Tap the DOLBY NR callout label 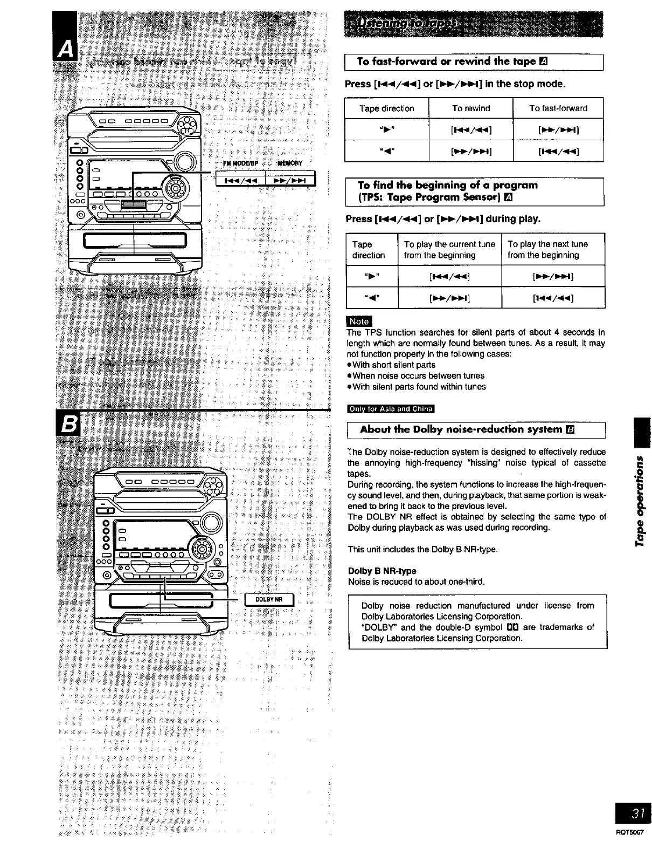269,599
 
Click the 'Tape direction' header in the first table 386,108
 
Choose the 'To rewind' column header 471,108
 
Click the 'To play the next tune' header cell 547,249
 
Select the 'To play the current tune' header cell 449,249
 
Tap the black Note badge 359,322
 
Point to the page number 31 636,814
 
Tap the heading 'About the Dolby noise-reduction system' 461,429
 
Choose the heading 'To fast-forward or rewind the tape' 447,62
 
